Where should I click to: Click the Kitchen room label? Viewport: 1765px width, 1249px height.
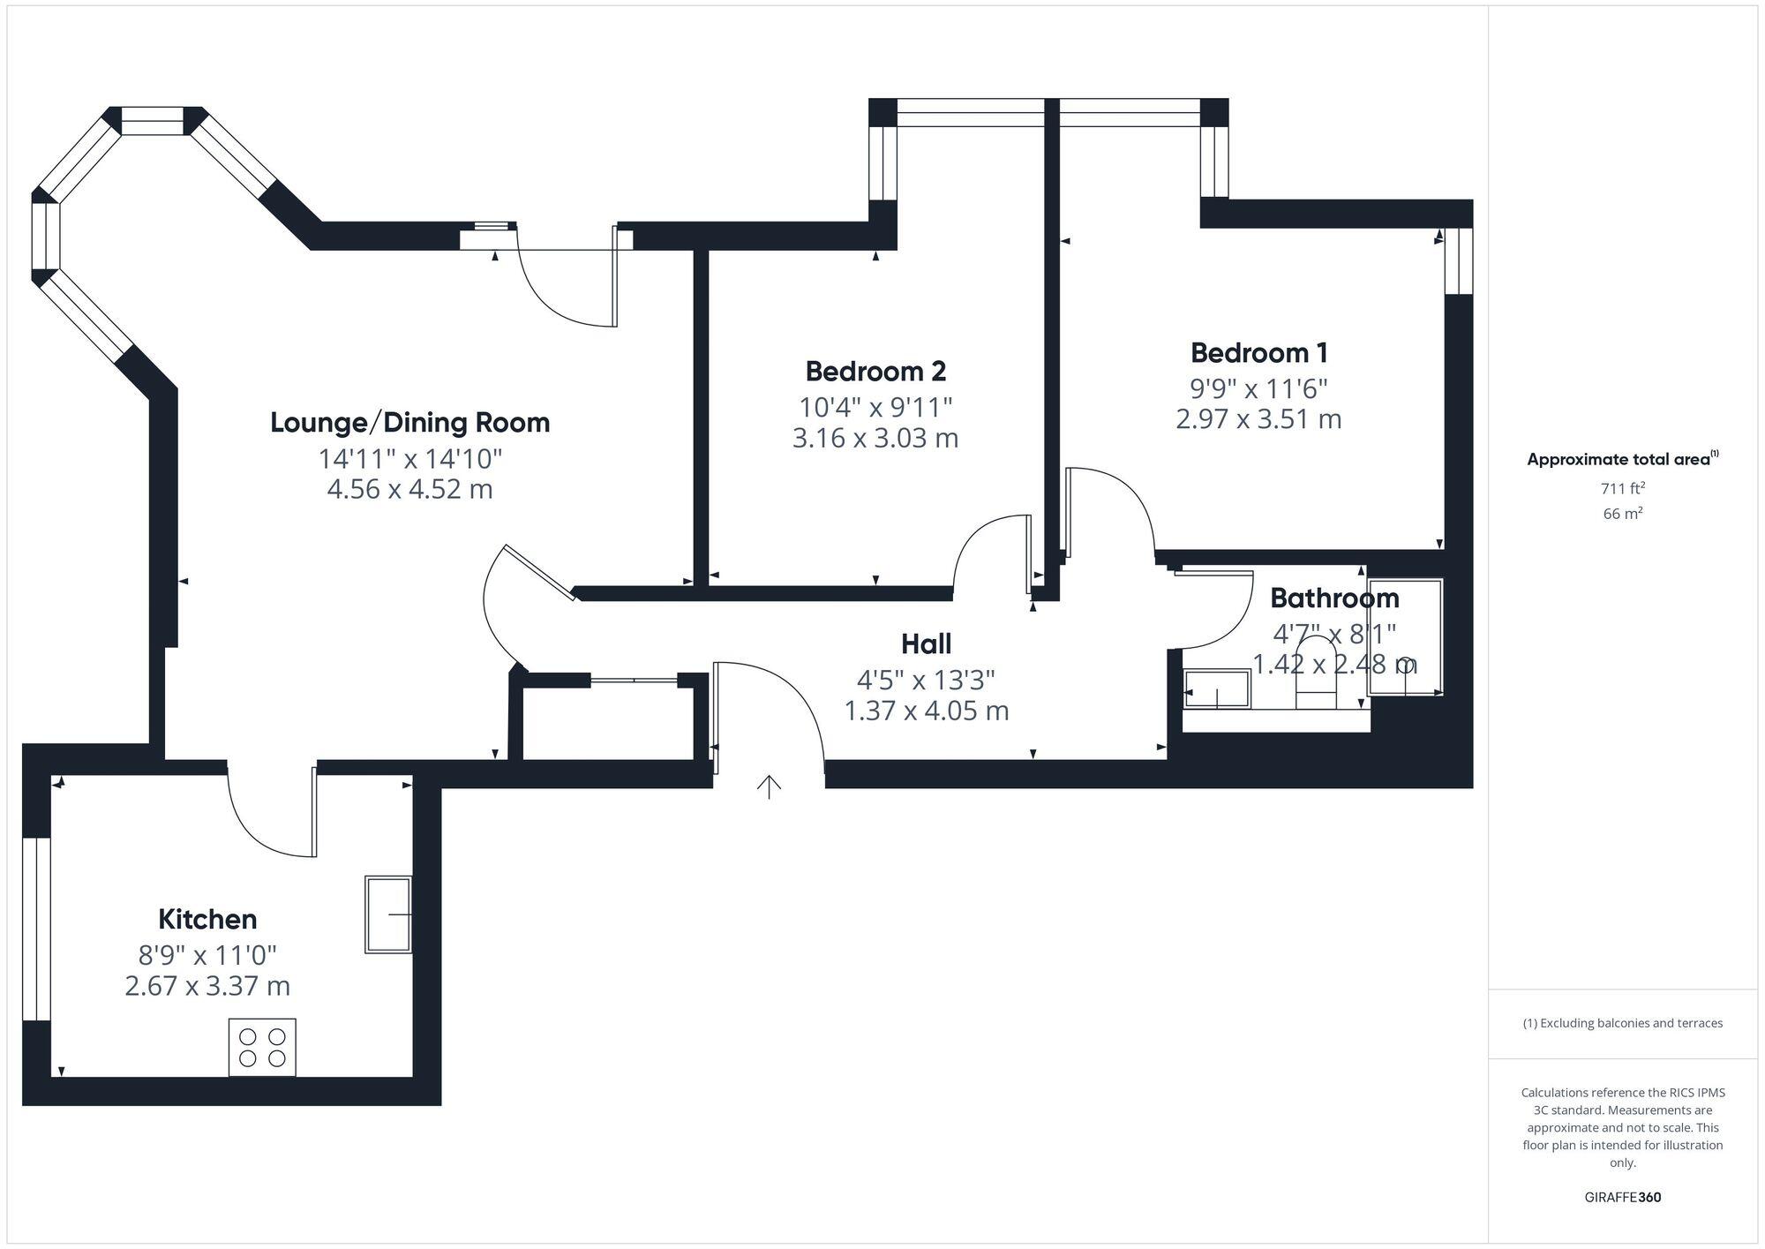pos(207,919)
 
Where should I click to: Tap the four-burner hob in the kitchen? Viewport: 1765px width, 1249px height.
pos(262,1047)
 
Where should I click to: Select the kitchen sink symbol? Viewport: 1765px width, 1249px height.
pos(388,914)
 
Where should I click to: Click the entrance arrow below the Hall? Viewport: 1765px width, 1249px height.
pos(770,786)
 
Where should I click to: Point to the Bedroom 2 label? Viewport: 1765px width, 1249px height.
pos(875,371)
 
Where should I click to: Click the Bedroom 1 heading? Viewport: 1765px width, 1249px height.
pos(1258,353)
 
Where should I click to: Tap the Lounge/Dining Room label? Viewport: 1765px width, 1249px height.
pos(409,423)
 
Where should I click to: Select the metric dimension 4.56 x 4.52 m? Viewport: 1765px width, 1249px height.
pos(409,489)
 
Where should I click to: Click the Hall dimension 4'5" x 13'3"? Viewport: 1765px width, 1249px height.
pos(926,680)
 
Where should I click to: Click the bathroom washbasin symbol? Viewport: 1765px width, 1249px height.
pos(1217,689)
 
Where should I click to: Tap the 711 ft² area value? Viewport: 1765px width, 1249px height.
pos(1622,488)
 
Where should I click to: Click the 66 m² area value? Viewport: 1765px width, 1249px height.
pos(1622,514)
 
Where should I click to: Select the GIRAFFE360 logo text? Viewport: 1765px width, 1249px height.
pos(1622,1198)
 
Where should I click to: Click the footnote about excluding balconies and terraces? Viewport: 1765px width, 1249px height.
pos(1622,1023)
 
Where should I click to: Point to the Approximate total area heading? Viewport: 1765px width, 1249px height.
pos(1622,459)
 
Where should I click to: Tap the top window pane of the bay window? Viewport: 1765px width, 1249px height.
pos(152,121)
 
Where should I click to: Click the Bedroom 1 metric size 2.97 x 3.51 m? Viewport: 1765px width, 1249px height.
pos(1258,418)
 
